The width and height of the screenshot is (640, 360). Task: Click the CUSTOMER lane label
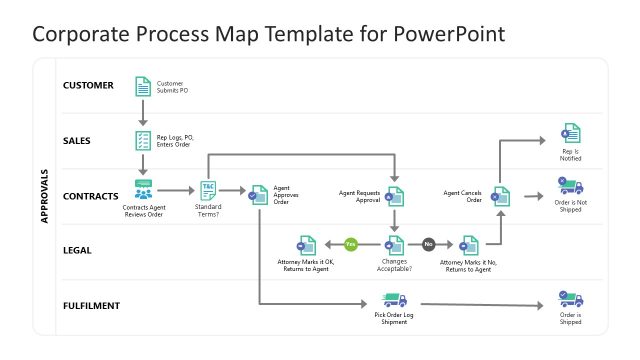pos(89,86)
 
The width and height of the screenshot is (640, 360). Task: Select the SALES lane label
pos(76,140)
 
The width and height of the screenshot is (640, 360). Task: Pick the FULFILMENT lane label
pos(93,305)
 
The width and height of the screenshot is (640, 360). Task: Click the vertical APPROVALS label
pos(45,195)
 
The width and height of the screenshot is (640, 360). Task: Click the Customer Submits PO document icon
pos(143,86)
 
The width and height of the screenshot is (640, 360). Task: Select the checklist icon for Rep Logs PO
pos(143,140)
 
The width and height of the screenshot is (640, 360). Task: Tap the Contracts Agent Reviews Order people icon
pos(143,189)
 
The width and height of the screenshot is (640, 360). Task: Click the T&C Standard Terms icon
pos(209,188)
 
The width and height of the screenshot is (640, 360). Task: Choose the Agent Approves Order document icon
pos(258,195)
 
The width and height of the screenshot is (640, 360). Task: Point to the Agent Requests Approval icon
pos(395,195)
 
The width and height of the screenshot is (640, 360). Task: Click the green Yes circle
pos(350,244)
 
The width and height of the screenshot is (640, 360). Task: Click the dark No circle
pos(429,244)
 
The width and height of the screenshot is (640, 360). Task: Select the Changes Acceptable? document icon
pos(395,245)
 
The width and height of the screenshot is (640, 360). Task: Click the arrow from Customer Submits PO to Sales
pos(143,112)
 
